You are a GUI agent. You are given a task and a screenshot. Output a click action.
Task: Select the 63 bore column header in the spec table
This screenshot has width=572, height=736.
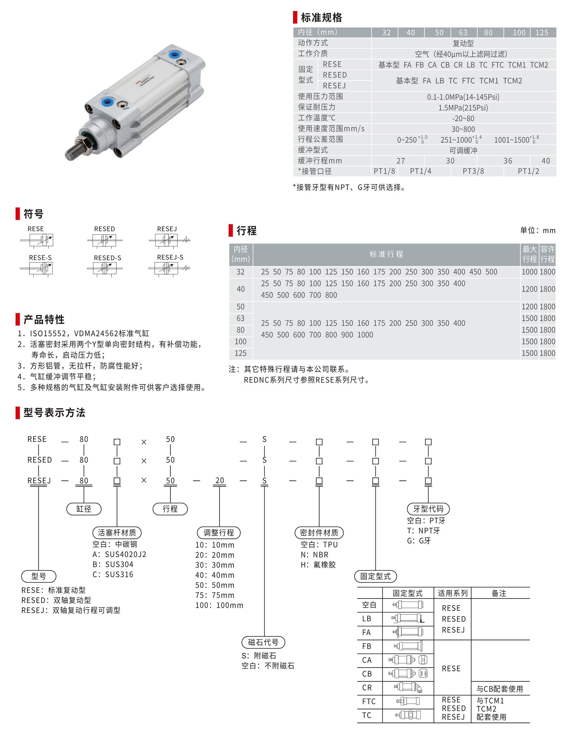(463, 33)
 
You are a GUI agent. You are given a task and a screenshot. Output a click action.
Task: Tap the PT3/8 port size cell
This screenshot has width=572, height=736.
(473, 171)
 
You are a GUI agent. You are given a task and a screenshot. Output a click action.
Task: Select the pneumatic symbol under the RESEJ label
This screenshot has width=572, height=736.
(169, 240)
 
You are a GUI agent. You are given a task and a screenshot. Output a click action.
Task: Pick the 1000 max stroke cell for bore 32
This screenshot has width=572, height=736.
(529, 272)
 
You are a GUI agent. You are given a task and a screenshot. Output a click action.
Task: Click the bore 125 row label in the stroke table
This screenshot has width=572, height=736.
(241, 353)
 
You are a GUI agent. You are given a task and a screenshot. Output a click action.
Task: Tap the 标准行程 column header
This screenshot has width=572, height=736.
(386, 254)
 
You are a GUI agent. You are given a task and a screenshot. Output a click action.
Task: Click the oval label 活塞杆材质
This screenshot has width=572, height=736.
(117, 533)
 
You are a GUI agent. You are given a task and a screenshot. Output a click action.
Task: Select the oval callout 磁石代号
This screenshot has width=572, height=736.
(263, 642)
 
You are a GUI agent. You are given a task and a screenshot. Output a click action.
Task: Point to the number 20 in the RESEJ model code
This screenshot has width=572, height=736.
(220, 480)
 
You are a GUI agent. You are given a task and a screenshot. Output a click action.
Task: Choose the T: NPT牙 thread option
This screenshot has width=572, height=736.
(424, 531)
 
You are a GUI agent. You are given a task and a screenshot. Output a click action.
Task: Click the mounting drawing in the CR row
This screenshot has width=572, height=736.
(408, 687)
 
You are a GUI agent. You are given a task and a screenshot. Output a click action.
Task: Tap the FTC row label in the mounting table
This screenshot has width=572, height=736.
(369, 701)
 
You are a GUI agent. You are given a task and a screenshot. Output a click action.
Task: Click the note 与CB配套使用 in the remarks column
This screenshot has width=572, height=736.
(500, 689)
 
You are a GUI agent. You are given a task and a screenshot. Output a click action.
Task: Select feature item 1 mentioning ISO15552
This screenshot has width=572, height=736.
(83, 333)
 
